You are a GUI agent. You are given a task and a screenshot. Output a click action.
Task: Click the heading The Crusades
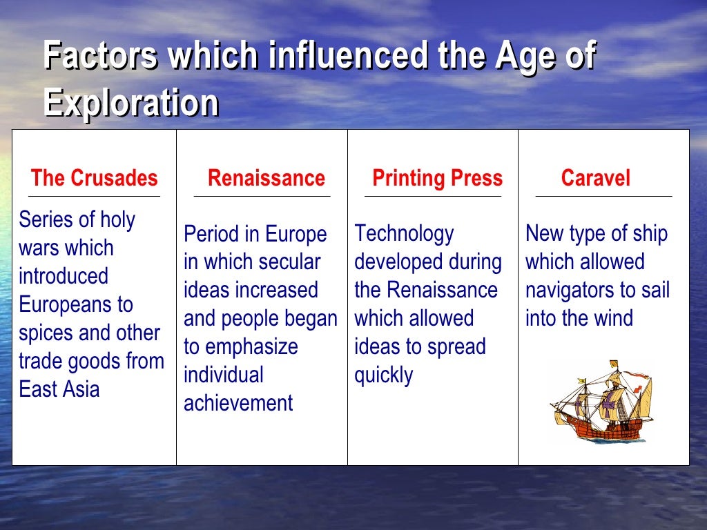pos(94,178)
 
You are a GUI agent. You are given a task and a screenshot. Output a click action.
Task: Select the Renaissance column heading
pos(266,178)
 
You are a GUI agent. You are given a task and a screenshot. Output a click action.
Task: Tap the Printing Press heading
pos(437,178)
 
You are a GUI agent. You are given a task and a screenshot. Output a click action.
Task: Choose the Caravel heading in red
pos(595,178)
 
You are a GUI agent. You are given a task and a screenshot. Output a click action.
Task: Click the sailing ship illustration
pos(600,402)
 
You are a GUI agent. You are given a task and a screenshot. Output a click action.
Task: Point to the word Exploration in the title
pos(130,103)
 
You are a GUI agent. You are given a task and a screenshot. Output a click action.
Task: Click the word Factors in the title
pos(100,57)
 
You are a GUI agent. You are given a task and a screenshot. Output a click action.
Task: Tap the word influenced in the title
pos(347,57)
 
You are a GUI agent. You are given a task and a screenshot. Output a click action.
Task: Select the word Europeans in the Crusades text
pos(76,304)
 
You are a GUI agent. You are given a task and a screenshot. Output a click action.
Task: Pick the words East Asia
pos(59,389)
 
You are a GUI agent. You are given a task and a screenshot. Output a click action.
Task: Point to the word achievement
pos(238,403)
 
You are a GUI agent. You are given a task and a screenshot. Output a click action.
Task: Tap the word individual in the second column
pos(224,375)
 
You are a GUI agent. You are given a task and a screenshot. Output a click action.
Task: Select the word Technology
pos(404,233)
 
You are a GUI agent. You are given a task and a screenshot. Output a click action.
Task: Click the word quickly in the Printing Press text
pos(383,375)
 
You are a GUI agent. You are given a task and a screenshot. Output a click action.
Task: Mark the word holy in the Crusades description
pos(118,219)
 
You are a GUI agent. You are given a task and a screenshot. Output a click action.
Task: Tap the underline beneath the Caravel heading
pos(603,197)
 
